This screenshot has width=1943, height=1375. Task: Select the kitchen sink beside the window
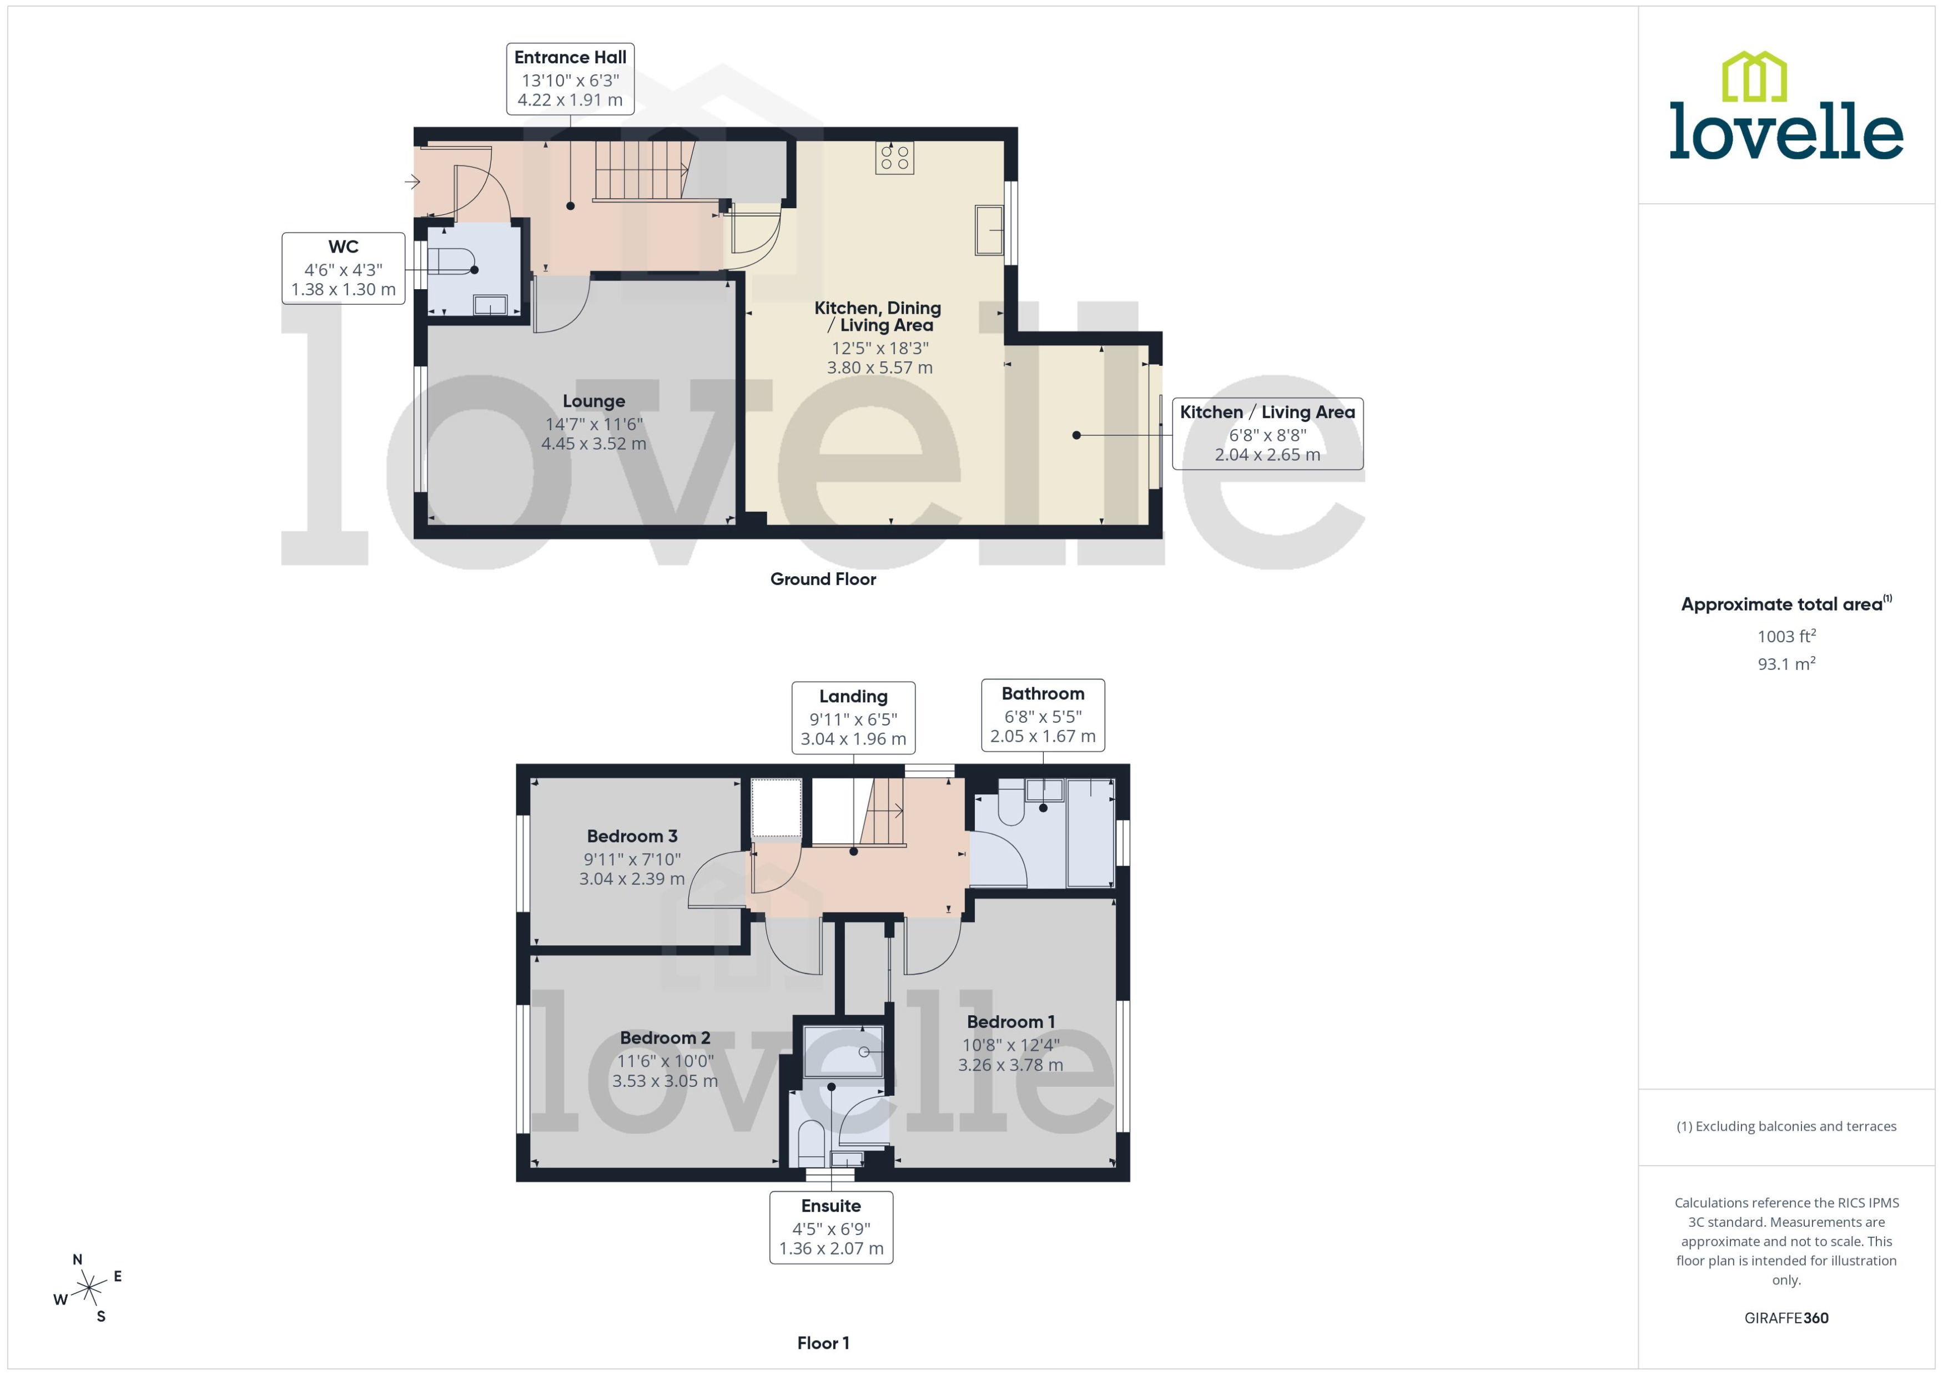pos(988,229)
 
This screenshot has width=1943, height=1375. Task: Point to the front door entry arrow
pos(412,181)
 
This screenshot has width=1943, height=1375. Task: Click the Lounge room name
pos(593,401)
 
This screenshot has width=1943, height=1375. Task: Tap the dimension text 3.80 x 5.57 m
pos(880,368)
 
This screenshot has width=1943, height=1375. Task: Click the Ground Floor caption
pos(822,579)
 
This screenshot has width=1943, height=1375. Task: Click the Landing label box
pos(853,717)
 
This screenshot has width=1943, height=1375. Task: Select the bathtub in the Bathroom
pos(1090,833)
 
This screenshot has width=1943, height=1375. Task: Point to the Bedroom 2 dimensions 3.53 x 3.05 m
pos(665,1081)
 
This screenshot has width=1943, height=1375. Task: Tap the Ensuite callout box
pos(830,1227)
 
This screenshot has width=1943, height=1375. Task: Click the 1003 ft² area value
pos(1785,637)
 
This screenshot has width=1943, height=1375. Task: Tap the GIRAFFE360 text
pos(1785,1317)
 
